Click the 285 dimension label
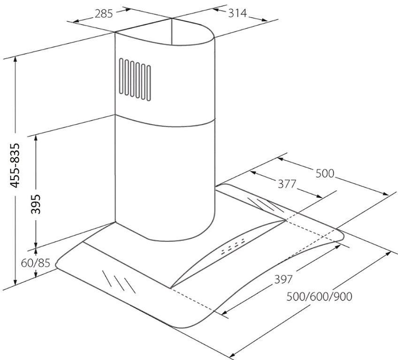[x=104, y=14]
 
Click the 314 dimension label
[x=237, y=13]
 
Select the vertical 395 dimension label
[x=36, y=204]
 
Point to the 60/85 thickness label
[x=36, y=263]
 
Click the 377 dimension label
[x=287, y=184]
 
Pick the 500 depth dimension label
[x=325, y=173]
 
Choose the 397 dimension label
[x=283, y=279]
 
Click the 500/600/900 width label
[x=319, y=296]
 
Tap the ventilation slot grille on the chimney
[x=135, y=80]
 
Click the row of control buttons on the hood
[x=234, y=246]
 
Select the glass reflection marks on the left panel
[x=119, y=281]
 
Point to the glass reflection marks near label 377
[x=266, y=205]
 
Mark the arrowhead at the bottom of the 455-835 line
[x=16, y=282]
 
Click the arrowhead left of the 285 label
[x=77, y=21]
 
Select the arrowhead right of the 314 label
[x=264, y=20]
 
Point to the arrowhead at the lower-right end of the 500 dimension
[x=386, y=194]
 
